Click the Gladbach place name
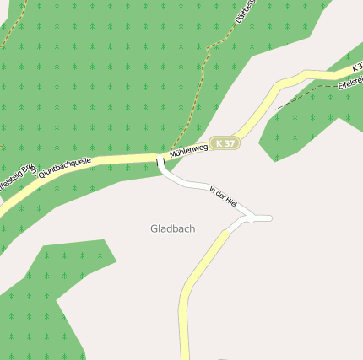coord(172,228)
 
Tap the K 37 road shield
coord(225,143)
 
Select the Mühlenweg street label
coord(187,151)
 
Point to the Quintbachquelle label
coord(64,168)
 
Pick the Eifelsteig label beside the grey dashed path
coord(349,83)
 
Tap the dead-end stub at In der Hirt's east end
coord(263,218)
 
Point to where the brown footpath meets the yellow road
coord(171,153)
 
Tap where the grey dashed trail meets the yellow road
coord(268,110)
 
